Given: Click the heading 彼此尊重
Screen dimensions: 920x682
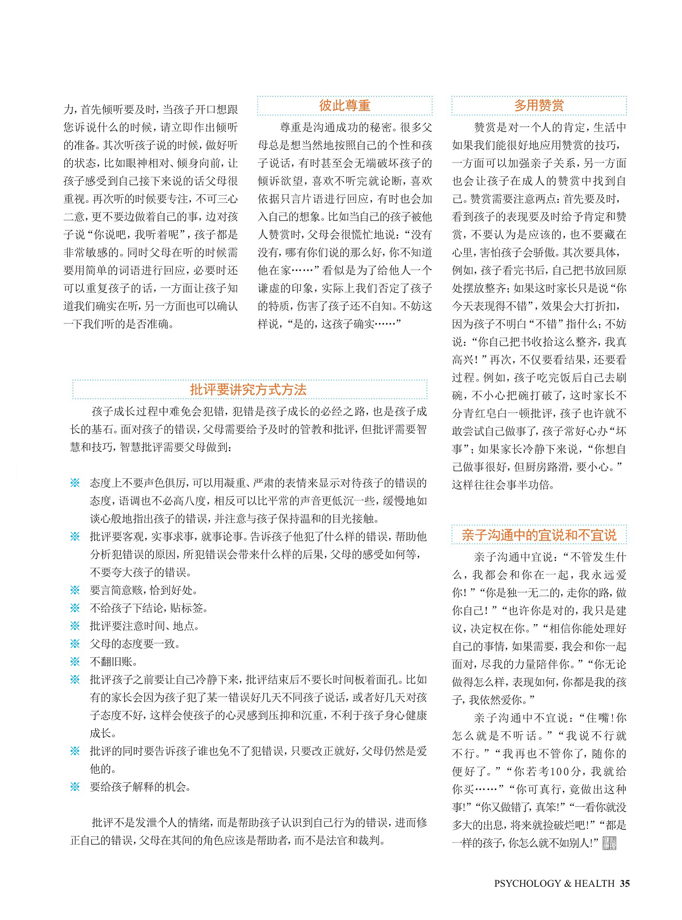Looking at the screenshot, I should tap(345, 106).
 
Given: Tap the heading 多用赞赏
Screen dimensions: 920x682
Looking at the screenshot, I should tap(539, 106).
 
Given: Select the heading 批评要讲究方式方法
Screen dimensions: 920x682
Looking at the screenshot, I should tap(248, 390).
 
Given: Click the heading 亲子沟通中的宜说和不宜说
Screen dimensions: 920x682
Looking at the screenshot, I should tap(539, 535).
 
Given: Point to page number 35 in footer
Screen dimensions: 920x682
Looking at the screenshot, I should tap(624, 884).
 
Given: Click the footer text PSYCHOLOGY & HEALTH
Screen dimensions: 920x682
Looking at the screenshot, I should tap(554, 884).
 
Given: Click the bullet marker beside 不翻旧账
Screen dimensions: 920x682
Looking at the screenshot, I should tap(75, 662).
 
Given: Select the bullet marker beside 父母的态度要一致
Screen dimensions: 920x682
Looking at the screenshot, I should tap(75, 644).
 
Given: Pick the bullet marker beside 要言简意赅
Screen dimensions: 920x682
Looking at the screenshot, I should tap(75, 590).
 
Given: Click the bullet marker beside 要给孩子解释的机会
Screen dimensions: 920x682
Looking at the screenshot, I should tap(75, 787).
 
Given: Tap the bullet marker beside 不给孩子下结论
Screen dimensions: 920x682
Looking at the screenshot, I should tap(75, 608).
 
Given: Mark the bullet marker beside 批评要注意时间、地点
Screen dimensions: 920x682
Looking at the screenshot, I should tap(75, 626).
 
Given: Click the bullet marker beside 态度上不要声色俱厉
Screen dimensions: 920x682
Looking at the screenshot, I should tap(75, 483).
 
